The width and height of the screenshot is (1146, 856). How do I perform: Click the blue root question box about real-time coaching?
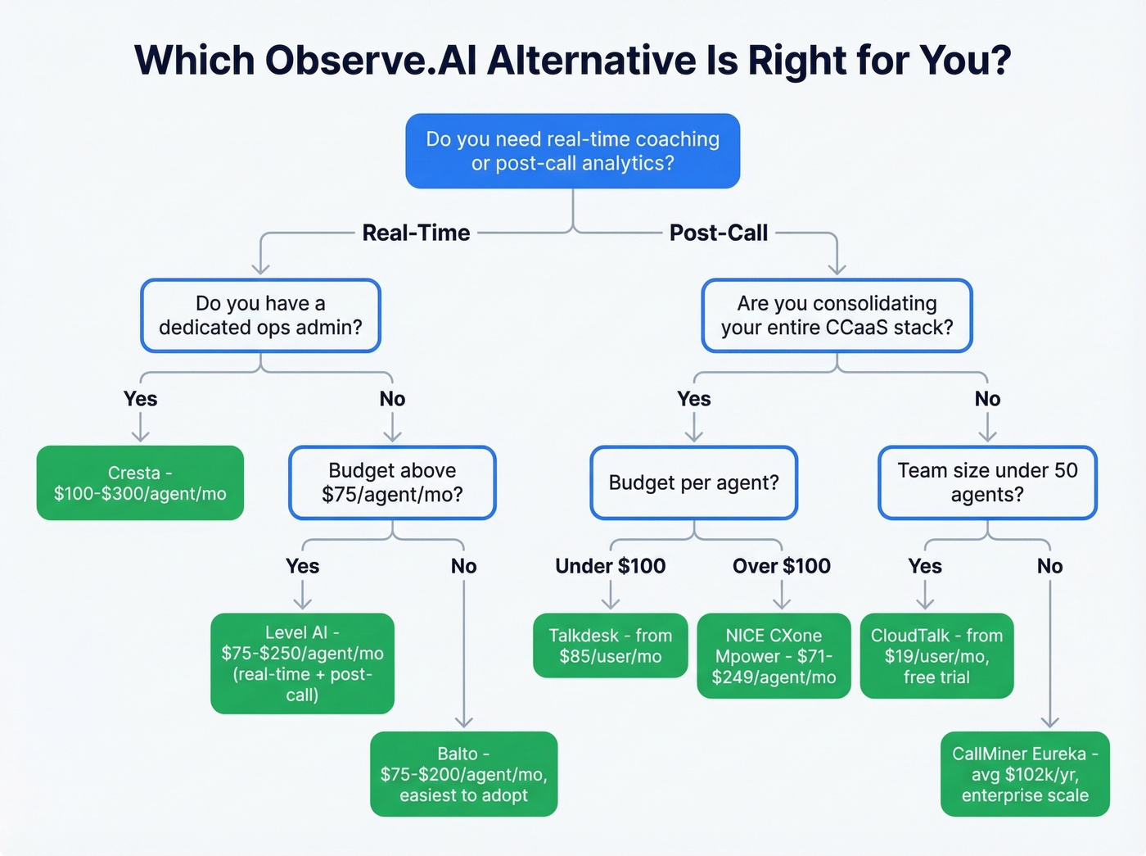point(573,152)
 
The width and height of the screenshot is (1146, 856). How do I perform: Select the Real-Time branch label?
point(416,233)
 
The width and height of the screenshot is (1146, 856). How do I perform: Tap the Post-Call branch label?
point(719,233)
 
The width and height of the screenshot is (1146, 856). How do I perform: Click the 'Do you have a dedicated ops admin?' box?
point(260,316)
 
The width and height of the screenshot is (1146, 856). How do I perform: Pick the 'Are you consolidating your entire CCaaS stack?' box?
point(837,316)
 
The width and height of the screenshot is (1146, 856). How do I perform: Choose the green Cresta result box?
point(140,483)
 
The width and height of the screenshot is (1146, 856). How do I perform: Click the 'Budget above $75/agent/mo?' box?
point(392,483)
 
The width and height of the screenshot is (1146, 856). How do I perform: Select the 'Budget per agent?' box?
point(693,483)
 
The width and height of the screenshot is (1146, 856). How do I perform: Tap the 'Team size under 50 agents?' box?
point(987,483)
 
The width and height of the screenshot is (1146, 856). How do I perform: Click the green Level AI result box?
point(302,664)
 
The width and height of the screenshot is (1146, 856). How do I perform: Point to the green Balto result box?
point(463,774)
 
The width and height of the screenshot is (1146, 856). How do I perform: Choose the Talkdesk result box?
point(610,645)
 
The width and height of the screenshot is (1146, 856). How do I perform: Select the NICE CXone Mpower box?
point(774,656)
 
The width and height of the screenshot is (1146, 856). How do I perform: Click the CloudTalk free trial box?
point(936,656)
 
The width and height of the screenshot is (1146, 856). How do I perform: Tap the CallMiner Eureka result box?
point(1025,774)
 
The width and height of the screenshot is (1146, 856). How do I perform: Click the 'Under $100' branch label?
point(610,566)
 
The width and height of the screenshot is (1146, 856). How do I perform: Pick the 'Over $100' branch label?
point(781,566)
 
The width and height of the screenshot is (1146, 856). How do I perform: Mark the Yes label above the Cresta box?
point(140,399)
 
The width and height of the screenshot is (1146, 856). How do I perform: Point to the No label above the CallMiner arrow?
point(1049,566)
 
